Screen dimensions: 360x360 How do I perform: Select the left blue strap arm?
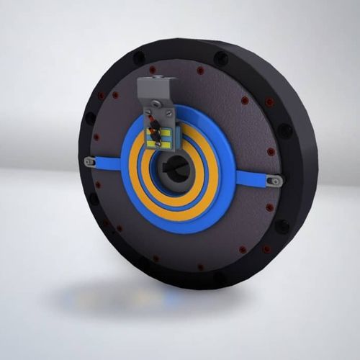(x=105, y=162)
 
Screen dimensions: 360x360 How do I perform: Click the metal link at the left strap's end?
(x=88, y=161)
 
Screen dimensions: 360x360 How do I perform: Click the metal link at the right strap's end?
(x=272, y=182)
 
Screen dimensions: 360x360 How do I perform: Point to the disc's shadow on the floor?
(x=144, y=295)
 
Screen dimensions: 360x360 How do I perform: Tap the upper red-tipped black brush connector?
(x=153, y=125)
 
